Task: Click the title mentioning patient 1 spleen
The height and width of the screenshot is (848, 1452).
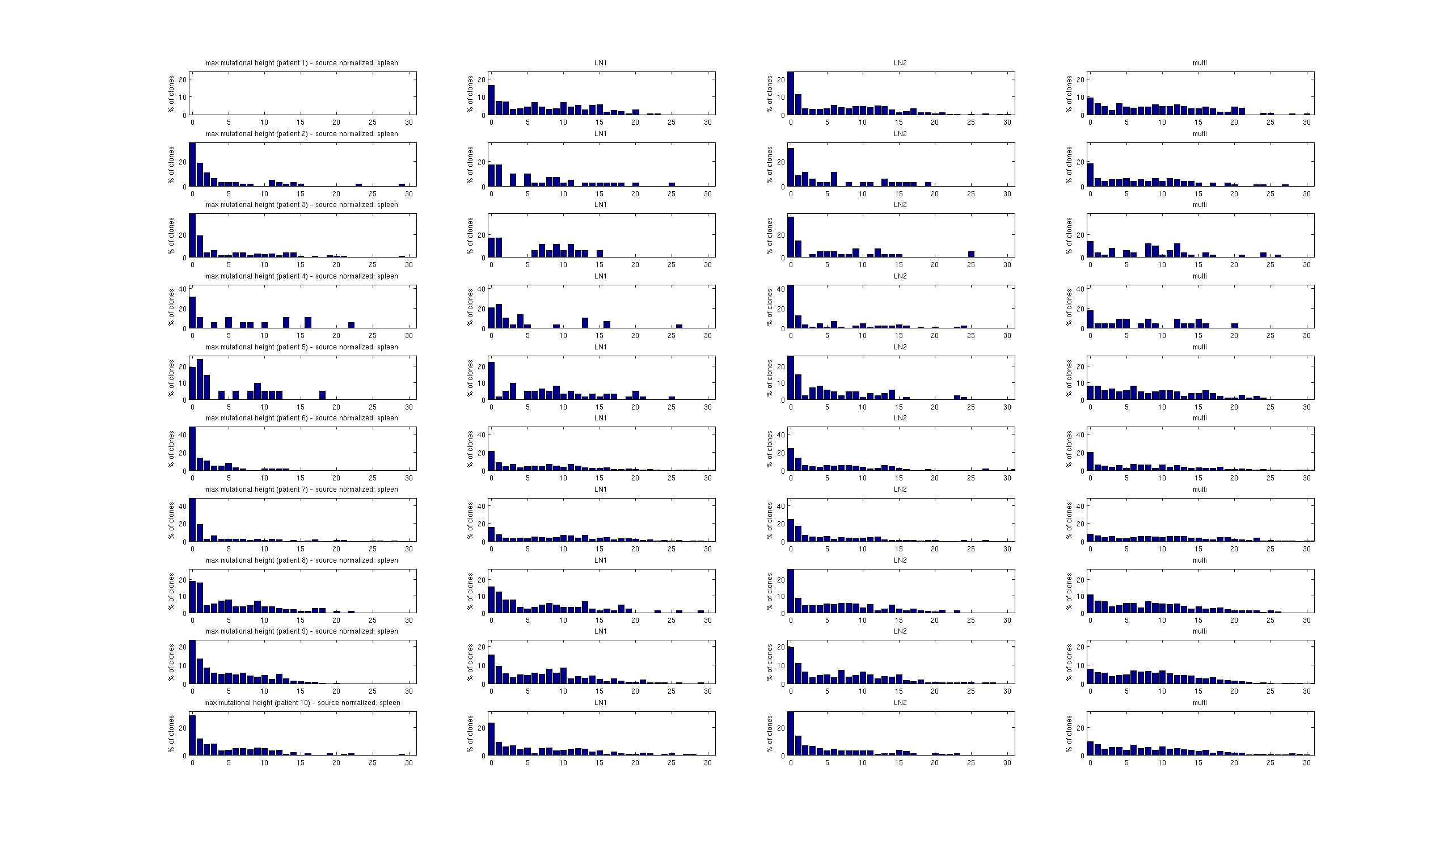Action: pos(301,63)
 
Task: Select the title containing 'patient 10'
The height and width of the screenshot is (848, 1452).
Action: pos(301,703)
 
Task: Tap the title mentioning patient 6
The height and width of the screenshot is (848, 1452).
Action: pos(301,418)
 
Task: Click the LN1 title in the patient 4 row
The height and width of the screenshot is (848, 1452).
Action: pos(601,276)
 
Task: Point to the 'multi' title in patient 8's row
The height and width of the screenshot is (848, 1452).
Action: pos(1200,560)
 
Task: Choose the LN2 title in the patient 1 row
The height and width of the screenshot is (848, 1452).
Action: pos(900,63)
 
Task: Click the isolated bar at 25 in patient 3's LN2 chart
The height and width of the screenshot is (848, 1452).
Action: pos(971,254)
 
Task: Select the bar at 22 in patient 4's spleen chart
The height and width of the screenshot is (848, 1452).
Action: pos(352,325)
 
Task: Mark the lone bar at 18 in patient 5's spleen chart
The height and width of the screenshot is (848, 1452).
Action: pos(323,395)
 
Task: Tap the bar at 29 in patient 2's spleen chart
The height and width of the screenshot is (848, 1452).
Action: pos(402,185)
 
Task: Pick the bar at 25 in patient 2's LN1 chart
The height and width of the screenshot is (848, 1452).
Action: pos(671,184)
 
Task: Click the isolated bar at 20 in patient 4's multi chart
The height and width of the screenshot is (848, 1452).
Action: pos(1235,326)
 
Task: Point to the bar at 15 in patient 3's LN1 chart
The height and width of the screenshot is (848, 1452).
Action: pos(600,254)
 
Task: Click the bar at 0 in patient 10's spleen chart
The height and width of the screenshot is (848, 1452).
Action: pos(192,735)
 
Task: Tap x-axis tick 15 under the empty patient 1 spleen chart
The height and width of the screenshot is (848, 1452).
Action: pos(300,123)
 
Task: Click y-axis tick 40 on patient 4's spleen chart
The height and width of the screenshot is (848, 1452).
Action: pos(183,289)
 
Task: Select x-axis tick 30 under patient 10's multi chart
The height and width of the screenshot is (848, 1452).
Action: pos(1307,763)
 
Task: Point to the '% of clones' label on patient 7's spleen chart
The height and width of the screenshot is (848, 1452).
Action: pos(171,520)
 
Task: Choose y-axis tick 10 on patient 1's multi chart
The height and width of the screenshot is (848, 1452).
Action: pos(1080,98)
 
